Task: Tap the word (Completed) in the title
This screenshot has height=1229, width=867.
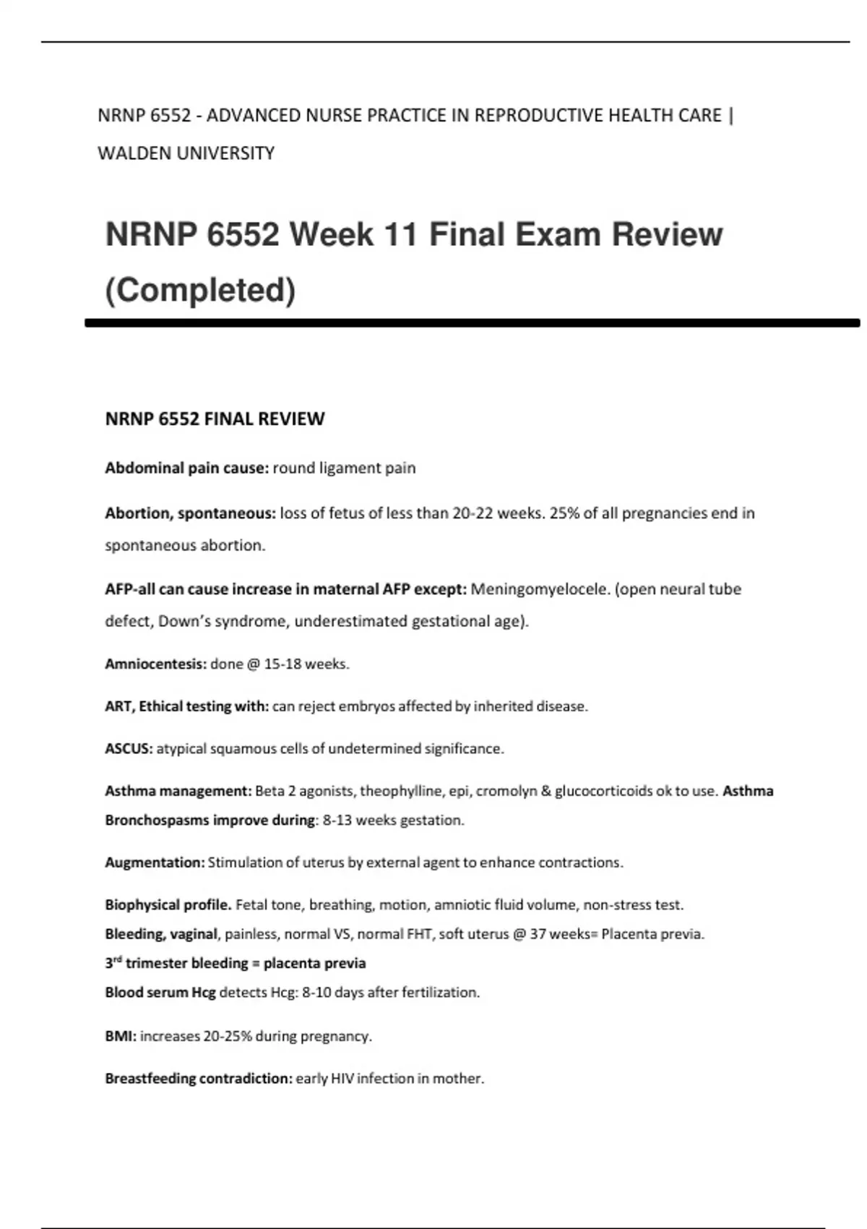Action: coord(200,290)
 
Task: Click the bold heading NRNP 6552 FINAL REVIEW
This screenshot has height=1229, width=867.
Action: coord(215,419)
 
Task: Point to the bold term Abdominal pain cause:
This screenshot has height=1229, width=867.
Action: coord(186,468)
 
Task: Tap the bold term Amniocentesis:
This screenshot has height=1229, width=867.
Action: coord(155,664)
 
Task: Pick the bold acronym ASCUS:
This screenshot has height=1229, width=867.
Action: coord(129,748)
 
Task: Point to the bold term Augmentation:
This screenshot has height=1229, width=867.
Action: coord(155,862)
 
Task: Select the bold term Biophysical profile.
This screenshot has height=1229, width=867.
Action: coord(168,904)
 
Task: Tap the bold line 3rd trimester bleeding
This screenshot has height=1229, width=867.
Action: coord(235,963)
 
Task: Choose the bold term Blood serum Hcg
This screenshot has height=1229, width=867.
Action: coord(160,993)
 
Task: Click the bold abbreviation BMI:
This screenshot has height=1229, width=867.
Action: coord(120,1036)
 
